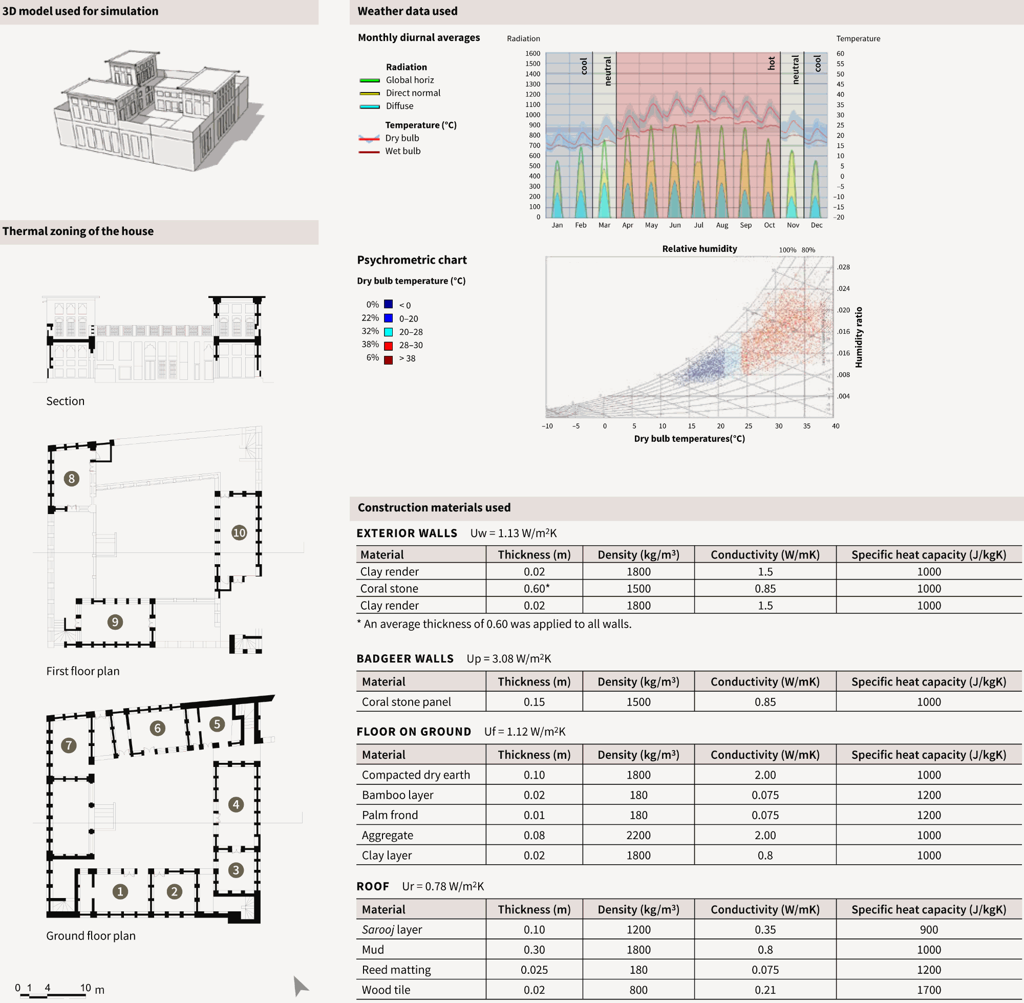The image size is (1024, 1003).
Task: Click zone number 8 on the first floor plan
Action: [x=72, y=478]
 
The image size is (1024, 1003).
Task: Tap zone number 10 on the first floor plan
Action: [x=239, y=532]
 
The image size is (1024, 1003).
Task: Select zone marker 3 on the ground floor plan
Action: [x=236, y=870]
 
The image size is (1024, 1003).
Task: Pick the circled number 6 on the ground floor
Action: [x=158, y=728]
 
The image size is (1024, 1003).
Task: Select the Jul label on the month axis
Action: [x=698, y=225]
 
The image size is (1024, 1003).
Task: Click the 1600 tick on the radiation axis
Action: [x=532, y=54]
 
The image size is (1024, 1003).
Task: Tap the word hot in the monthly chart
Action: [x=771, y=63]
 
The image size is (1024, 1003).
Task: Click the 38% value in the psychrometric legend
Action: [x=370, y=345]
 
